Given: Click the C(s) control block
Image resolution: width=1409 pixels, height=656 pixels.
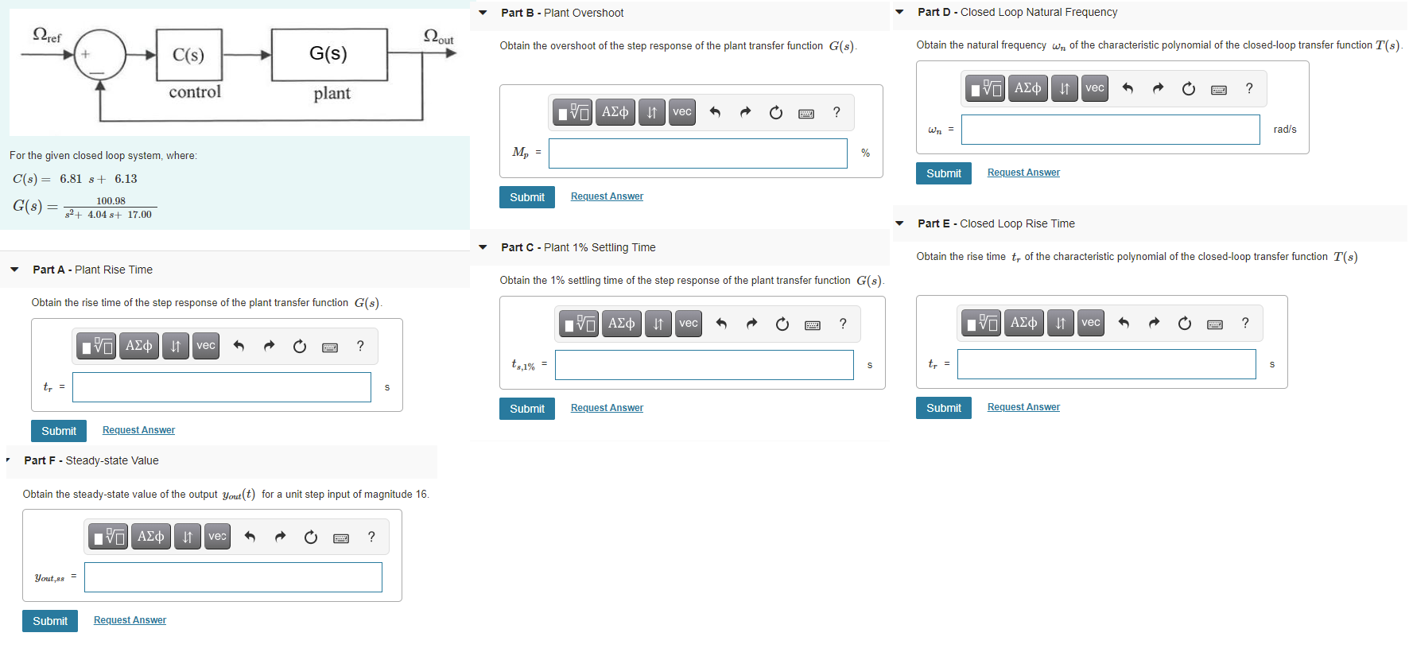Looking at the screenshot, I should tap(188, 55).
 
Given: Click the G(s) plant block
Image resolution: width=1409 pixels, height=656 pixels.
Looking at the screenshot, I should tap(328, 54).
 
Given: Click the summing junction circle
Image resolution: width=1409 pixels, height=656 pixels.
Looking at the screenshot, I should tap(99, 55).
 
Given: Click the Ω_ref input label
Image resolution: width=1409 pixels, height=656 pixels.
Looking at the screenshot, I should tap(46, 35).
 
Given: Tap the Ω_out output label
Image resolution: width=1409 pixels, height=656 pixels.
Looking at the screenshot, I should tap(438, 37).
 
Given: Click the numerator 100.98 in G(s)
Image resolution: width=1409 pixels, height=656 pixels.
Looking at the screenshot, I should tap(111, 201).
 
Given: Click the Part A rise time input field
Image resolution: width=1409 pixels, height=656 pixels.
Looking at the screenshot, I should tap(221, 387).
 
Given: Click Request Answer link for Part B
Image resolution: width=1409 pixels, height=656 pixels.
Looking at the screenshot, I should tap(607, 196).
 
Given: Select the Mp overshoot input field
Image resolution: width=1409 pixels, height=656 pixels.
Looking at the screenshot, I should tap(697, 153).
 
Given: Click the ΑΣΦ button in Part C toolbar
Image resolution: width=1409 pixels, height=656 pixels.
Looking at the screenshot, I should tap(621, 324).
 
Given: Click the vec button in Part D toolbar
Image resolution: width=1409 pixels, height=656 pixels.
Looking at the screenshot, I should tap(1094, 88).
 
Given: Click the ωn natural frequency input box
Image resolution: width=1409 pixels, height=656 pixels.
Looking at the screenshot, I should tap(1110, 130).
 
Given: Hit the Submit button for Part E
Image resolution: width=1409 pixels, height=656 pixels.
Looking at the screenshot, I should tap(943, 408).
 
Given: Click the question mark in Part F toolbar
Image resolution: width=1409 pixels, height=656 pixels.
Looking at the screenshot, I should tap(371, 537).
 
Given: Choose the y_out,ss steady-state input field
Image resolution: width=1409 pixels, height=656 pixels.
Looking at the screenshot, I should tap(233, 577).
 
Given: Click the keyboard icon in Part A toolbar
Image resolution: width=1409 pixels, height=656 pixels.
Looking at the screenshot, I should tap(330, 347).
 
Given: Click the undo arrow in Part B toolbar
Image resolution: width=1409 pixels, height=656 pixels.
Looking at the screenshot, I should tap(715, 112).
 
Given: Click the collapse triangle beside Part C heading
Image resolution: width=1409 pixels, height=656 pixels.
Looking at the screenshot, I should tap(483, 247).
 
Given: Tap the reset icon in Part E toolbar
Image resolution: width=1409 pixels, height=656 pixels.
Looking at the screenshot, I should tap(1184, 323).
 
